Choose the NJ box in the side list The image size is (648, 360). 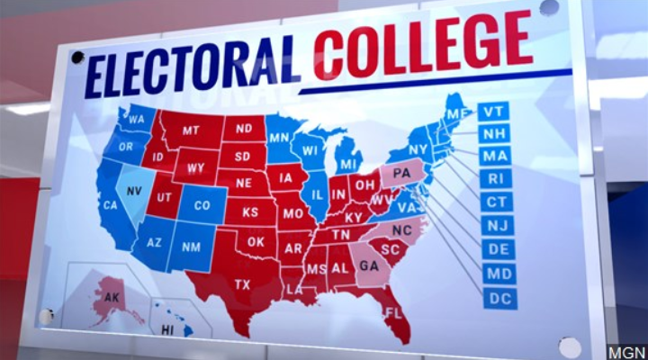click(x=497, y=226)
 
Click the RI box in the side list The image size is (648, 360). click(x=494, y=179)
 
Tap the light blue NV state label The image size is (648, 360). click(x=133, y=192)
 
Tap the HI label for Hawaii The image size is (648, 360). click(x=166, y=330)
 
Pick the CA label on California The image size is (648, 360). click(x=110, y=204)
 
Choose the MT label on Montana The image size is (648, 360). click(x=190, y=130)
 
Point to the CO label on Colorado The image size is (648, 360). click(x=202, y=205)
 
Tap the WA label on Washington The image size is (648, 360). click(x=137, y=118)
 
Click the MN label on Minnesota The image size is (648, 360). click(x=279, y=138)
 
